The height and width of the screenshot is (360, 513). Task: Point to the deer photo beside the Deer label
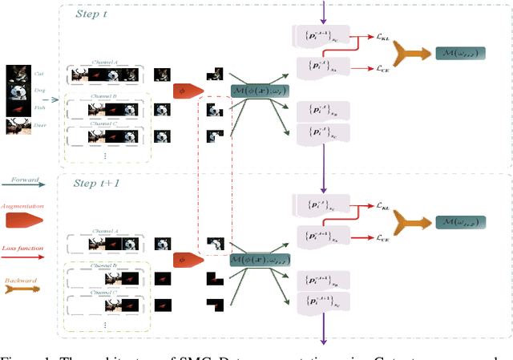point(17,125)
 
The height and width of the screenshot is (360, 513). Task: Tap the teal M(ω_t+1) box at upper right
point(458,52)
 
